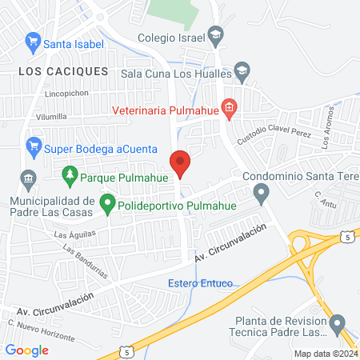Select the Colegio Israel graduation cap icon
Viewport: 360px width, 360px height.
[214, 36]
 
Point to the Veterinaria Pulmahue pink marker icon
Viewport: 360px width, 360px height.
[229, 108]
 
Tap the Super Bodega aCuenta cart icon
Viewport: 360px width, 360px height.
[33, 146]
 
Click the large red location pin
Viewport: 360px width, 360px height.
[181, 163]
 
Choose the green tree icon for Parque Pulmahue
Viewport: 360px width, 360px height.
[70, 174]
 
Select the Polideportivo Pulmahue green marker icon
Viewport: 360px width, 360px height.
[106, 206]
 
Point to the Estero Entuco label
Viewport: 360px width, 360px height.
[200, 283]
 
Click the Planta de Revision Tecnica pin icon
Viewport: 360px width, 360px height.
[337, 324]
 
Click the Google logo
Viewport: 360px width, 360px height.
[27, 350]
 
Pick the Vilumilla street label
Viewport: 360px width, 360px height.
[51, 117]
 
